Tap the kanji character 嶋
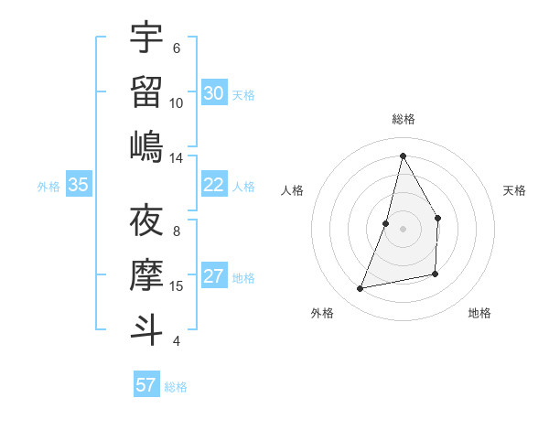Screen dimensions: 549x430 point(146,145)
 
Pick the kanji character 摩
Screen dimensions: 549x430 point(146,274)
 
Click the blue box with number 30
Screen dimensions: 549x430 point(214,93)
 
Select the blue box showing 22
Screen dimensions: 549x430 point(214,185)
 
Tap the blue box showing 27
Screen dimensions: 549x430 point(214,277)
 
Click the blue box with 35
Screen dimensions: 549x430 point(79,185)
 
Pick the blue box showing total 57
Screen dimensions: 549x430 point(146,385)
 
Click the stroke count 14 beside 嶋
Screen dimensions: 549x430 point(177,157)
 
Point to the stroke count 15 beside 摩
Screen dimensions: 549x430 point(177,286)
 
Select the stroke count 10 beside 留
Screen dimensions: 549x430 point(177,102)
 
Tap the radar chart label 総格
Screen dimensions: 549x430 point(403,119)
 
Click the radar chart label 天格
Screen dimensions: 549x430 point(515,190)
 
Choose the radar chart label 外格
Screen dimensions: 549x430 point(322,313)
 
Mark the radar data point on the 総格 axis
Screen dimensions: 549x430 point(403,156)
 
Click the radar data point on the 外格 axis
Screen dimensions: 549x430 point(361,288)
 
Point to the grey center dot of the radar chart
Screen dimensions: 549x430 point(403,229)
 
